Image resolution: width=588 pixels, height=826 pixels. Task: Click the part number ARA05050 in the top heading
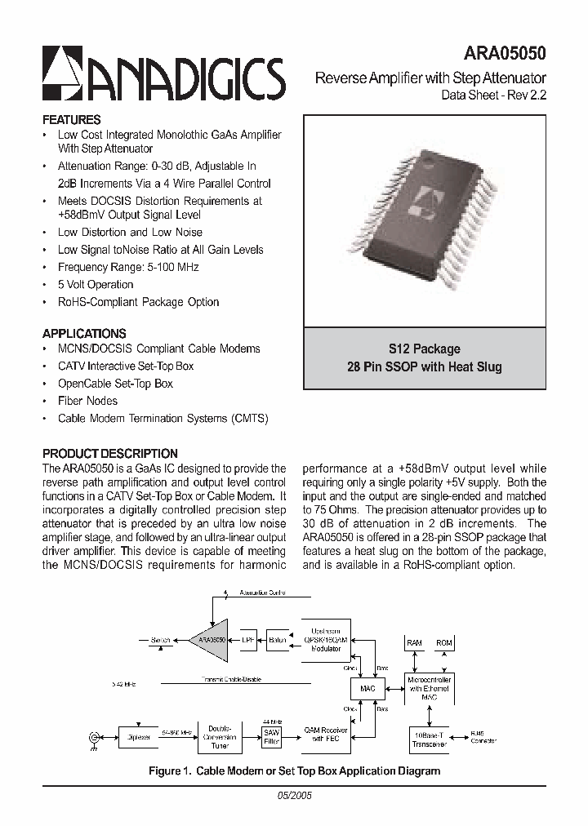[x=505, y=54]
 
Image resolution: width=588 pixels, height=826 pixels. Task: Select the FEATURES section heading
[x=71, y=119]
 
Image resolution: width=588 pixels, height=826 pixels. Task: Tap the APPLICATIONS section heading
[x=84, y=333]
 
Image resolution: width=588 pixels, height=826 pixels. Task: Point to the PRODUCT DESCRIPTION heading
[x=109, y=453]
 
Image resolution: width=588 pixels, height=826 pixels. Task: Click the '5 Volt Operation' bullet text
[x=96, y=284]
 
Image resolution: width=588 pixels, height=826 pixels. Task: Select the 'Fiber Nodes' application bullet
[x=87, y=401]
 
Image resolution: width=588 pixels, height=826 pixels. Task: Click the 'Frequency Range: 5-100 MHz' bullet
[x=128, y=267]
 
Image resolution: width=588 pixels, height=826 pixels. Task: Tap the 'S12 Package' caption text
[x=425, y=349]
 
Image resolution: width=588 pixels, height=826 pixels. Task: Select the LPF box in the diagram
[x=247, y=641]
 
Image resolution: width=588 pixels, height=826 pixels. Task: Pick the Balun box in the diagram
[x=278, y=641]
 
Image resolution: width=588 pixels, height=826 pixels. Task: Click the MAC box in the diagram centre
[x=367, y=690]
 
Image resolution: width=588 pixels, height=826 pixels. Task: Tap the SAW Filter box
[x=271, y=738]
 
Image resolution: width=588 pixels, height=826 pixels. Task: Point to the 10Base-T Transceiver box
[x=429, y=738]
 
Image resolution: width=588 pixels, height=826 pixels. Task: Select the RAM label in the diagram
[x=415, y=643]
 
